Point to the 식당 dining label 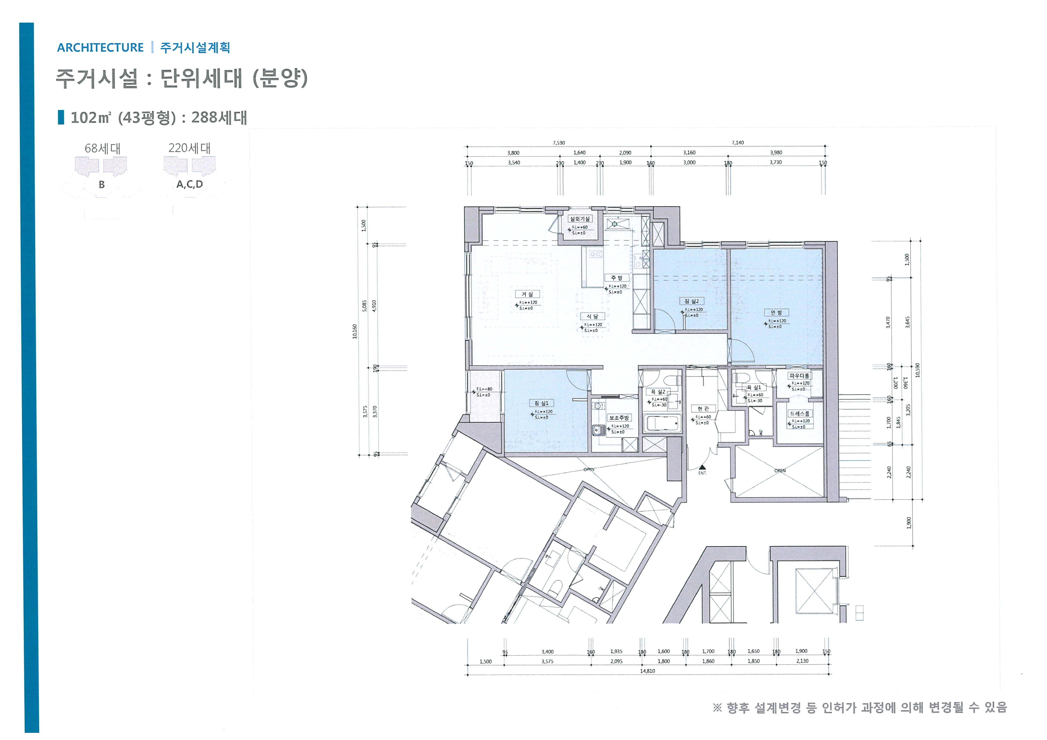[x=592, y=316]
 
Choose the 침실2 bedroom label [x=691, y=301]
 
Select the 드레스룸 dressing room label [x=799, y=414]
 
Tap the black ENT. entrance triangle [x=702, y=467]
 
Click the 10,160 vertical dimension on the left [x=355, y=331]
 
